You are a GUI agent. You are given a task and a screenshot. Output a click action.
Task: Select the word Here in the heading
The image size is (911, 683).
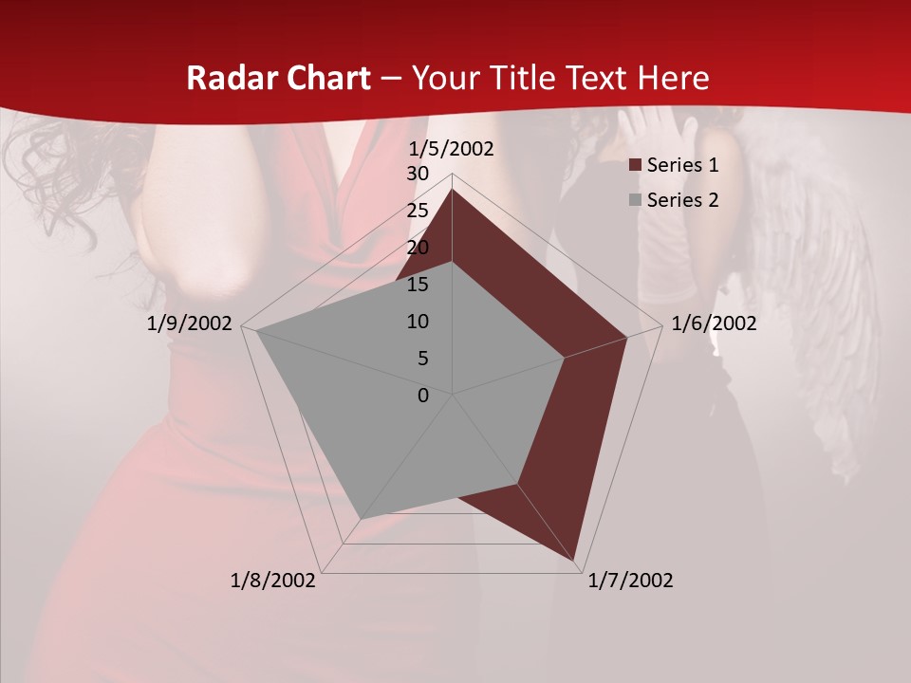pyautogui.click(x=673, y=79)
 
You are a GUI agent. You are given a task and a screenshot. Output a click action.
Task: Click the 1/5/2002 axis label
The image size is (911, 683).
pyautogui.click(x=451, y=149)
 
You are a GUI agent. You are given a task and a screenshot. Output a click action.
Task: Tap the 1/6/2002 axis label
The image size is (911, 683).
pyautogui.click(x=714, y=323)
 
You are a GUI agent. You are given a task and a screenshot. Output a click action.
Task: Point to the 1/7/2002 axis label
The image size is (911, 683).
pyautogui.click(x=630, y=581)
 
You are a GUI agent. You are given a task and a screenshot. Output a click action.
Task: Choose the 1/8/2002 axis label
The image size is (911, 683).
pyautogui.click(x=273, y=581)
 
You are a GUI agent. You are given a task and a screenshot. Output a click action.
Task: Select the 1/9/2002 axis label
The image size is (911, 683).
pyautogui.click(x=190, y=323)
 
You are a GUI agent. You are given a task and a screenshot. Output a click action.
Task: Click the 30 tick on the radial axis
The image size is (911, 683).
pyautogui.click(x=418, y=174)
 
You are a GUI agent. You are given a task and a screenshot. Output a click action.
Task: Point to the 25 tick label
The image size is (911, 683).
pyautogui.click(x=418, y=211)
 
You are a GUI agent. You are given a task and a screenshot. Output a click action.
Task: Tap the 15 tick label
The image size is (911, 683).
pyautogui.click(x=418, y=285)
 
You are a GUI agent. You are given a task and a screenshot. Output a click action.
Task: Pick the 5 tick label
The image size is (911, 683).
pyautogui.click(x=423, y=359)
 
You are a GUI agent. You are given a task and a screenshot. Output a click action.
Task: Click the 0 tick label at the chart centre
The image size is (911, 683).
pyautogui.click(x=423, y=396)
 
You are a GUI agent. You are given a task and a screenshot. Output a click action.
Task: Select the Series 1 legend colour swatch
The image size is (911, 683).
pyautogui.click(x=636, y=166)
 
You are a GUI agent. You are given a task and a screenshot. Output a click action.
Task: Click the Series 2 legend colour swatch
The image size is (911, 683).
pyautogui.click(x=636, y=200)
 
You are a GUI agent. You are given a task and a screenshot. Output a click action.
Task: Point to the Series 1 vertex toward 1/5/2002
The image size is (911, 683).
pyautogui.click(x=452, y=190)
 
